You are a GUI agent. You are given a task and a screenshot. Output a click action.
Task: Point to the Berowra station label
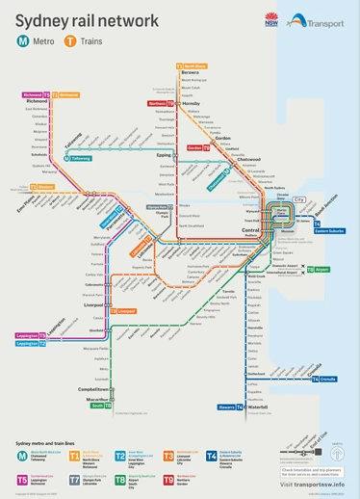[x=191, y=72]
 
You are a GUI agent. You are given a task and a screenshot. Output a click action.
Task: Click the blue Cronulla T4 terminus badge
[x=327, y=380]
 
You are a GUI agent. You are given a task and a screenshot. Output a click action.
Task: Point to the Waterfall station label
[x=257, y=407]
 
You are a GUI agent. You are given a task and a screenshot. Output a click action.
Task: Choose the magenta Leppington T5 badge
[x=27, y=335]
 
